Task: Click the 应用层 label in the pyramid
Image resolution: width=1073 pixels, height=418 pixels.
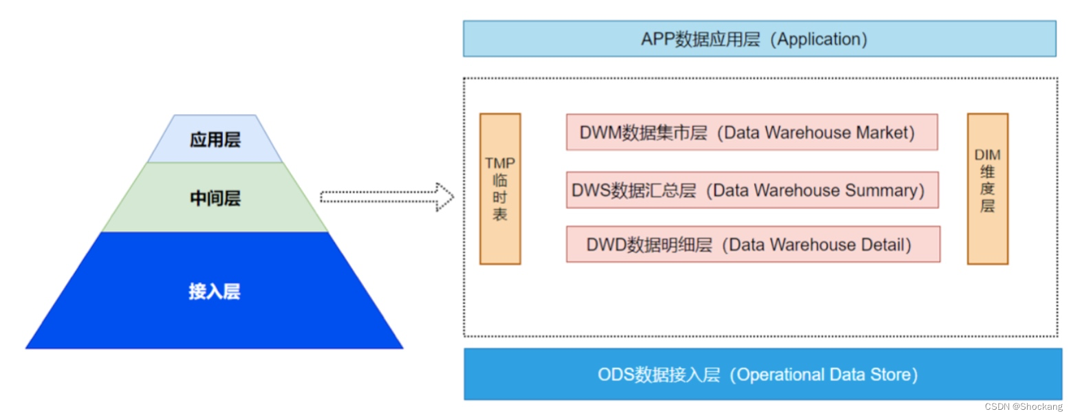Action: click(x=215, y=140)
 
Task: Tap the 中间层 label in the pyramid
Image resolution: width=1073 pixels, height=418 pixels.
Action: click(x=215, y=199)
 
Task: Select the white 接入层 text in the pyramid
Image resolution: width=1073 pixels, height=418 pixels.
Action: click(x=215, y=291)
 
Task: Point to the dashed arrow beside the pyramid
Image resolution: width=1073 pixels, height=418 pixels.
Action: click(x=387, y=198)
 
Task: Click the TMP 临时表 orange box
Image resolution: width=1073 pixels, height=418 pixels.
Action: click(x=500, y=189)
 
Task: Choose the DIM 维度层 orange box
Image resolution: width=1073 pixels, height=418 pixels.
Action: click(x=987, y=189)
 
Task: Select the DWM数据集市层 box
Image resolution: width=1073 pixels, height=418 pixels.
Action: click(x=752, y=133)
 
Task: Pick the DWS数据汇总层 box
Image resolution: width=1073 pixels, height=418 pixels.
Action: click(x=752, y=190)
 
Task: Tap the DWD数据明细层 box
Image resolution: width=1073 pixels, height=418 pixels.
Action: click(x=752, y=245)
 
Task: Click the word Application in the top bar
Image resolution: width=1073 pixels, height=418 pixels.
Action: click(x=819, y=39)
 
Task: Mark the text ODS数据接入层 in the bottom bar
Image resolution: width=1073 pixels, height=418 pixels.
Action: click(x=658, y=375)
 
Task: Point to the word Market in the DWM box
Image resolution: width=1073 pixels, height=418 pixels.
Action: click(x=884, y=133)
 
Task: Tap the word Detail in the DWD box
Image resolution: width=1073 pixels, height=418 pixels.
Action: click(x=885, y=245)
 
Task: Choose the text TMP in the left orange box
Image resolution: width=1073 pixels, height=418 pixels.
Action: click(x=500, y=163)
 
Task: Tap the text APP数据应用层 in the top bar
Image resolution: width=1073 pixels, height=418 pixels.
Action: click(x=700, y=39)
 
